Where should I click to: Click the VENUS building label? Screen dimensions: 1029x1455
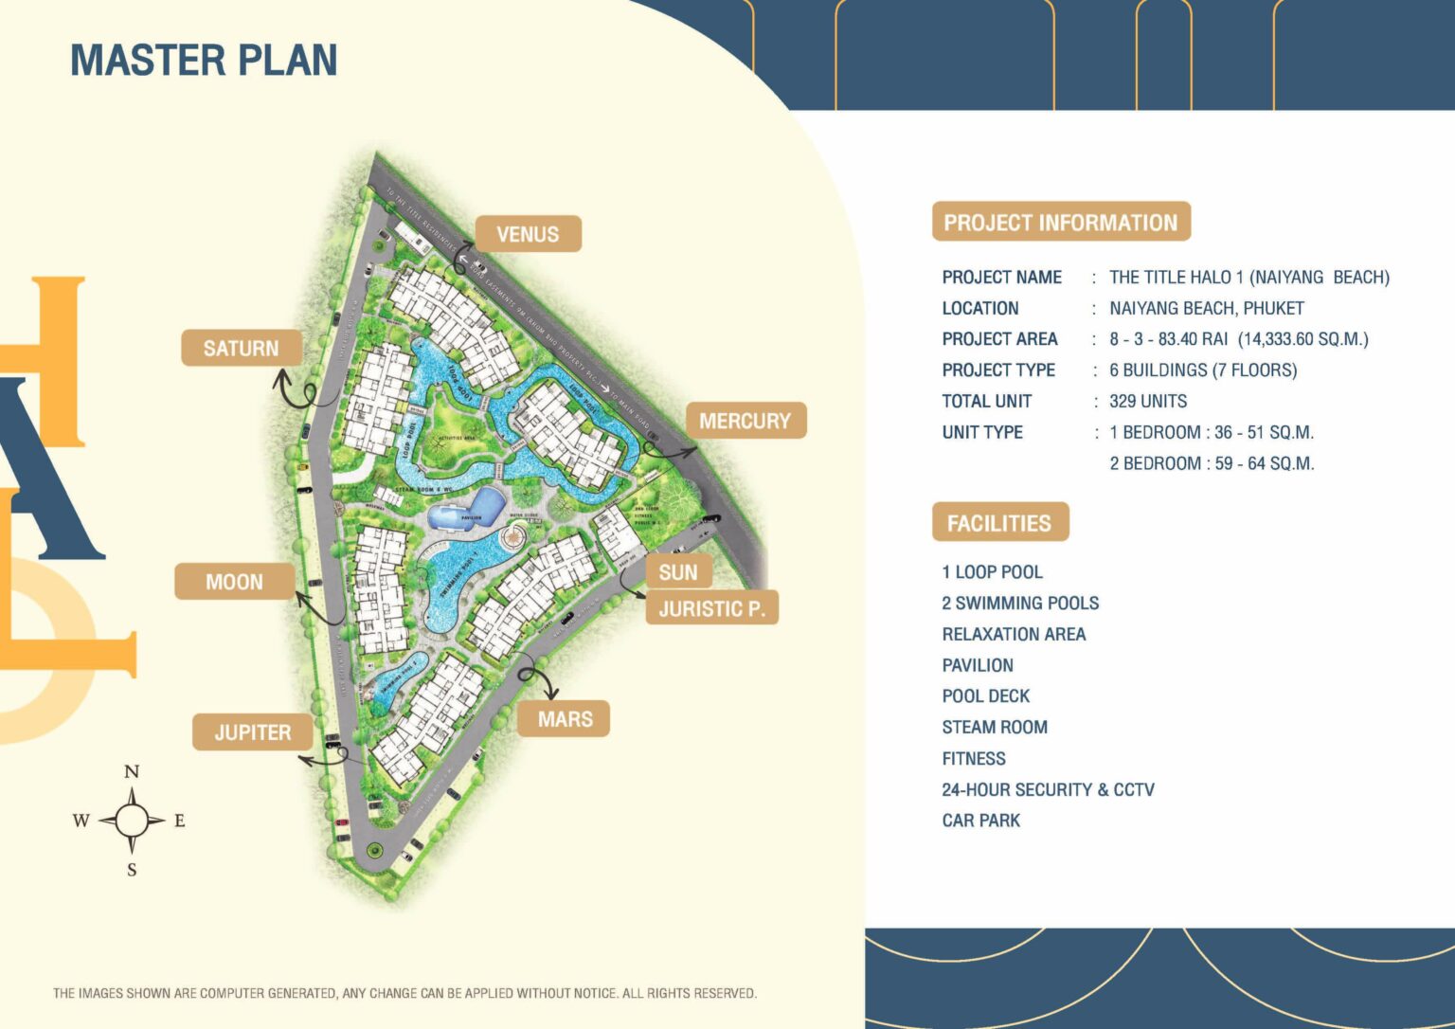[x=528, y=234]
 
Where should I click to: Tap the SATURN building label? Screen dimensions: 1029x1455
[x=242, y=349]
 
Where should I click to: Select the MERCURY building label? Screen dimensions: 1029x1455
[x=745, y=421]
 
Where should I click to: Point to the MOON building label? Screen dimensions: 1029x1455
[x=234, y=582]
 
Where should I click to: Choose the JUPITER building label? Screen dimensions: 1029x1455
[x=252, y=732]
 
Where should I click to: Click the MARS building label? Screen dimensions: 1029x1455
[x=565, y=719]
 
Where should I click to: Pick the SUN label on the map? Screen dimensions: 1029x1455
[x=678, y=572]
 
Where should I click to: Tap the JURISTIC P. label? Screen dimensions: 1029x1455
[x=711, y=608]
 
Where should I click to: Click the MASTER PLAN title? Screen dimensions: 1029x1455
[x=204, y=60]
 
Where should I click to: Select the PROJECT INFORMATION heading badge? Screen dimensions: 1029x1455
[x=1060, y=223]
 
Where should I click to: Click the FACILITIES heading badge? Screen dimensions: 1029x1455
[x=999, y=523]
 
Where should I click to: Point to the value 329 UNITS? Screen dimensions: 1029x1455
[x=1148, y=401]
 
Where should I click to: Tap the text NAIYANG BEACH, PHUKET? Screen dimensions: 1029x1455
[x=1206, y=308]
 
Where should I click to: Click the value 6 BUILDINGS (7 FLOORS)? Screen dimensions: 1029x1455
[x=1203, y=370]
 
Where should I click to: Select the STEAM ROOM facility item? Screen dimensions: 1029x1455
[x=995, y=727]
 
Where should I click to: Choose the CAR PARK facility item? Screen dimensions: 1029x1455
[x=981, y=821]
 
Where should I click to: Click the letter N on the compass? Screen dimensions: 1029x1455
[x=132, y=771]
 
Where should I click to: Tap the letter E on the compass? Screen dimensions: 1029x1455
[x=180, y=821]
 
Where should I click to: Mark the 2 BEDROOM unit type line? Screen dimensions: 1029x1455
[x=1212, y=463]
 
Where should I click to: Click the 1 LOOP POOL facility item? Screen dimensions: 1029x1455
[x=992, y=572]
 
